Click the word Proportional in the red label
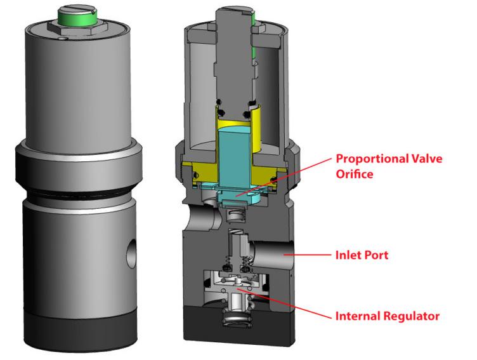click(368, 159)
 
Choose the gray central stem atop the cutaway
click(231, 51)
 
